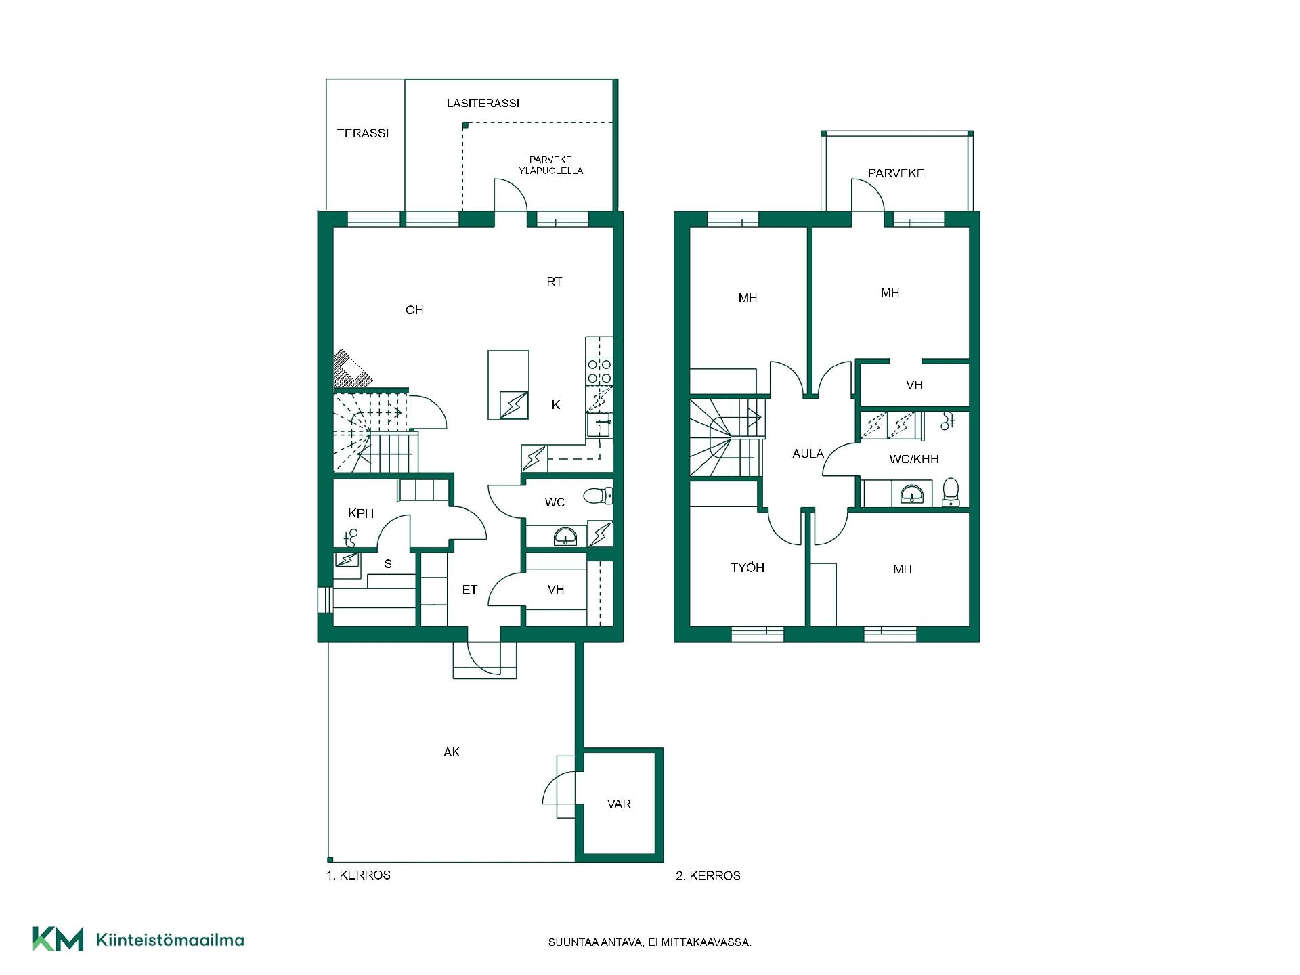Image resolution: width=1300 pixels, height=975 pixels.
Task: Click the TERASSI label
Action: click(x=363, y=133)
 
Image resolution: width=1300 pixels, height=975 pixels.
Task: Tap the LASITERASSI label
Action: click(x=483, y=103)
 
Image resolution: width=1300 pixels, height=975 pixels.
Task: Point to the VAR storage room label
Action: click(x=619, y=804)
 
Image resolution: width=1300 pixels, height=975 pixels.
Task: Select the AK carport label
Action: click(x=452, y=752)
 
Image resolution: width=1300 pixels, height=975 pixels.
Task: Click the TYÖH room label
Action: click(x=747, y=567)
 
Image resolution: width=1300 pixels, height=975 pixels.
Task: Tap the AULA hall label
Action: click(x=808, y=454)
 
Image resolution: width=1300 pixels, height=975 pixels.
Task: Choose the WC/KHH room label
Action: click(x=914, y=459)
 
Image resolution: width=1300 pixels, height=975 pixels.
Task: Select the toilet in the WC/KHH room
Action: click(x=951, y=492)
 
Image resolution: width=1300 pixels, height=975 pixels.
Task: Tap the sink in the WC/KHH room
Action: click(x=912, y=494)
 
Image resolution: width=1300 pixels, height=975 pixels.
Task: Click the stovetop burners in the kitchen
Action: click(x=599, y=372)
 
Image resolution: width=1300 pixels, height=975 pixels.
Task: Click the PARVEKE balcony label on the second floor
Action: click(x=896, y=173)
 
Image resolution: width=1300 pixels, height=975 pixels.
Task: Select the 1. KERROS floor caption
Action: click(x=358, y=875)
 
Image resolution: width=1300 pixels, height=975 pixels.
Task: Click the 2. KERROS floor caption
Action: click(x=708, y=876)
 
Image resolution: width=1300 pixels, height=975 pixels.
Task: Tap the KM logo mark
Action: click(x=58, y=939)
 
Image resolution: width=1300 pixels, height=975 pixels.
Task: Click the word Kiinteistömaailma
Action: click(x=170, y=940)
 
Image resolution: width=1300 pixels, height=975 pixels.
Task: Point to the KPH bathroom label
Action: click(x=361, y=513)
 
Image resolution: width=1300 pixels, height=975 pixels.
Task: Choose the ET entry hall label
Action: click(x=469, y=590)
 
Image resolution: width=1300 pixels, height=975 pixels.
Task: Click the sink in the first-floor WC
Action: click(x=565, y=538)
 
